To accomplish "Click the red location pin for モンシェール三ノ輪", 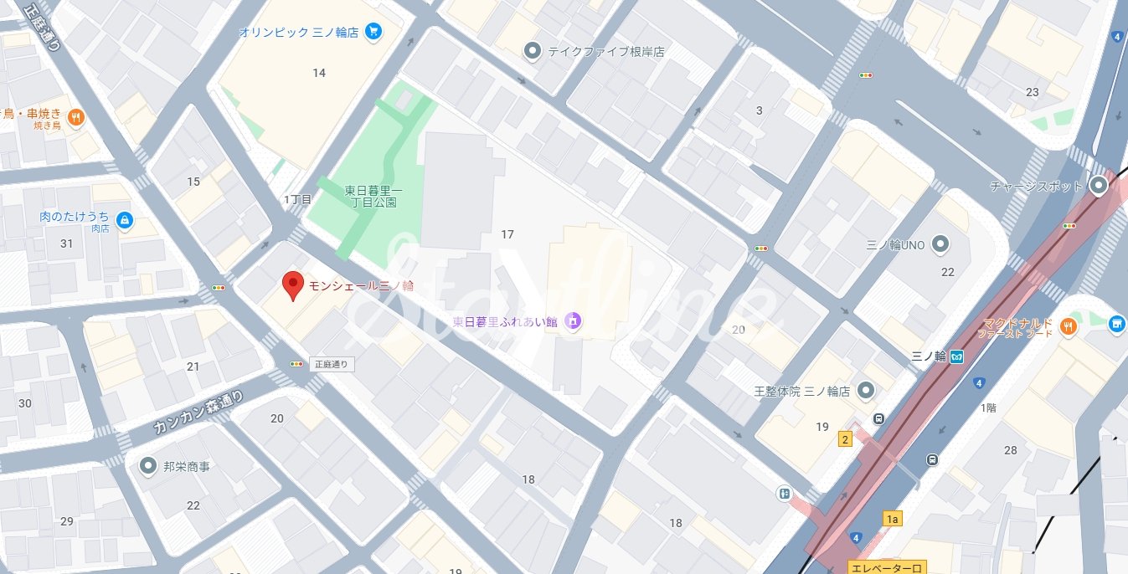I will tap(292, 284).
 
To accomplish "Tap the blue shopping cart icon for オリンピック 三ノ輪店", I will tap(373, 33).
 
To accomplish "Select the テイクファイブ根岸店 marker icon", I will tap(532, 52).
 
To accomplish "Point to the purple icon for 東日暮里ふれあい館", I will tap(573, 320).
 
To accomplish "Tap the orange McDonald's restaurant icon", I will tap(1068, 326).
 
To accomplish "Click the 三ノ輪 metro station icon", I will tap(956, 356).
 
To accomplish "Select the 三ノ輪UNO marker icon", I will tap(940, 244).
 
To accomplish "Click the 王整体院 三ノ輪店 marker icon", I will tap(866, 391).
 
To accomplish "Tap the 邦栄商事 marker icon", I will tap(149, 465).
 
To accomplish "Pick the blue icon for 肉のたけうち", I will tap(124, 219).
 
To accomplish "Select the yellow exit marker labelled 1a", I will tap(892, 520).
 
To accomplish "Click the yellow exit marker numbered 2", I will tap(846, 439).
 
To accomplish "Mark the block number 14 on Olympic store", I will tap(319, 73).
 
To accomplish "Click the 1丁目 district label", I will tap(297, 199).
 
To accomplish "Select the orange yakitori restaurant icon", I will tap(75, 118).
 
